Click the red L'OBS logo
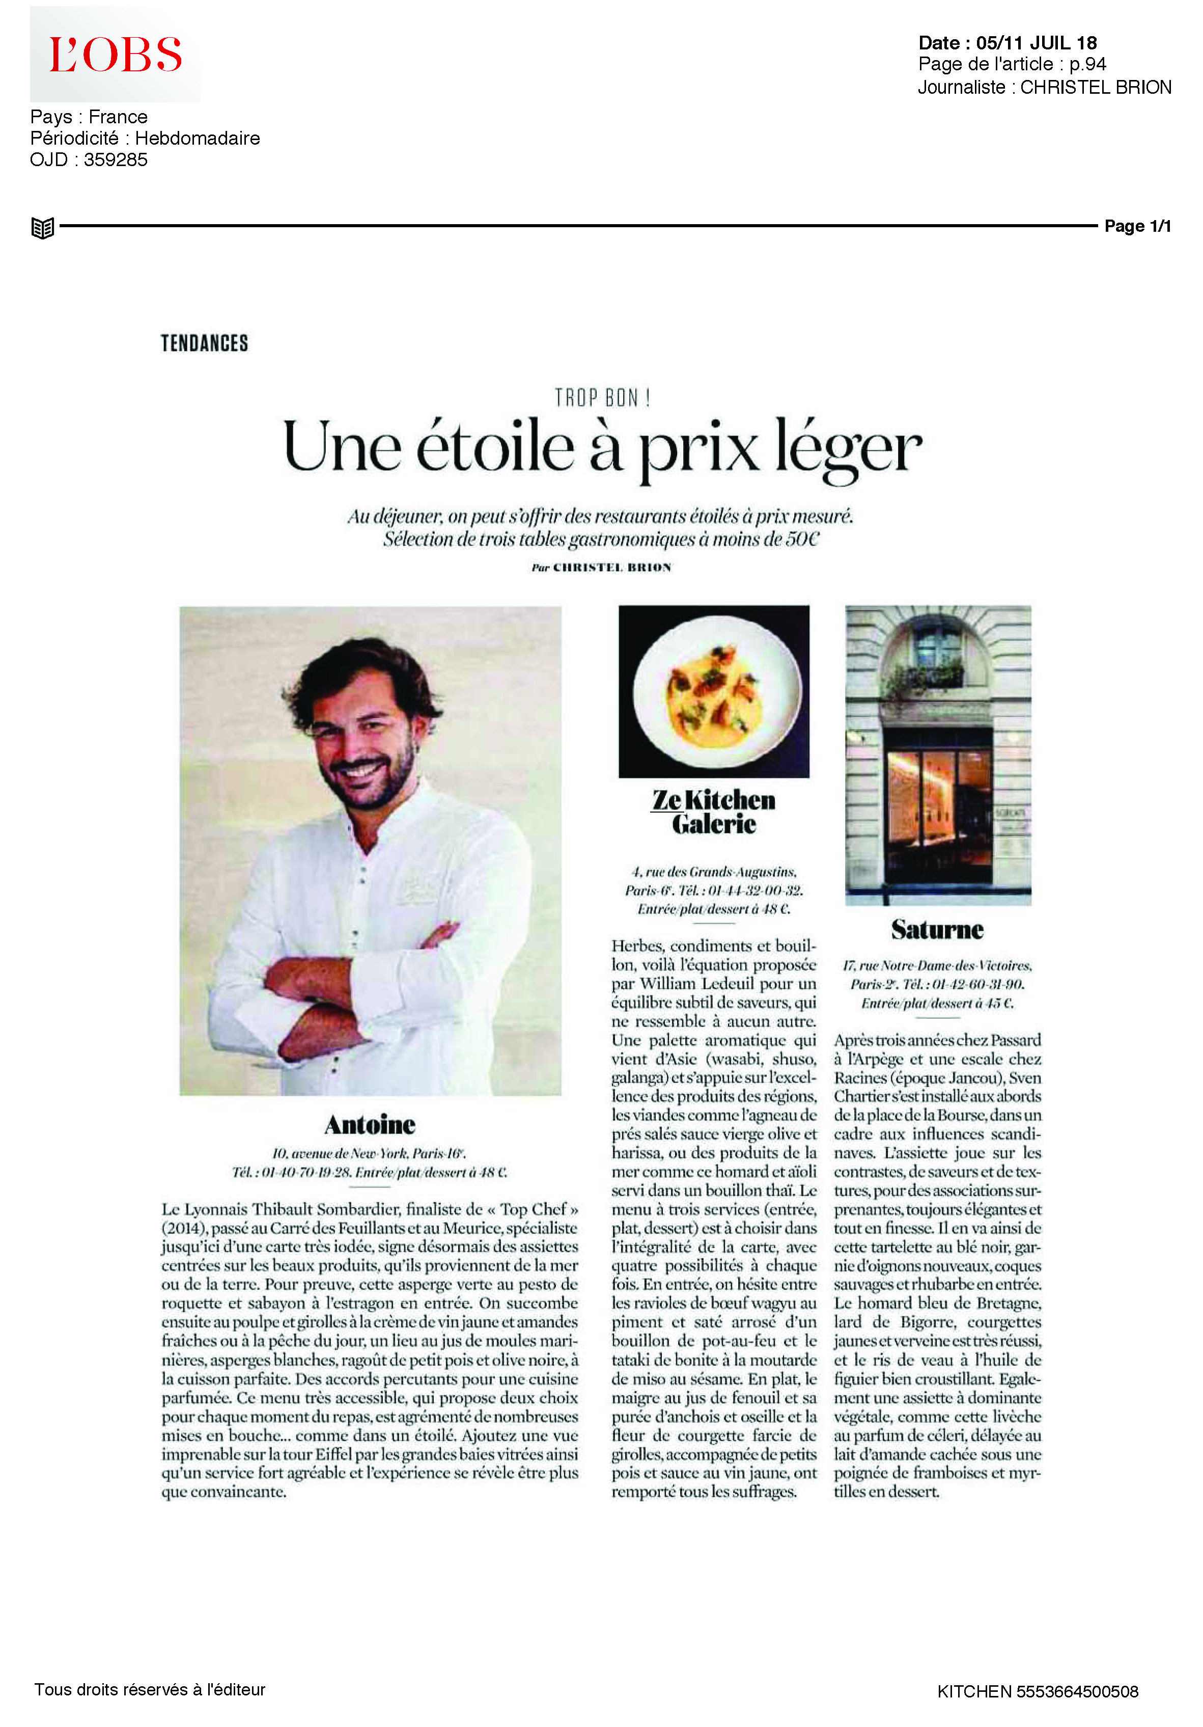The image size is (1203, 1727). point(115,55)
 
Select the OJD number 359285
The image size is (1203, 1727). point(116,159)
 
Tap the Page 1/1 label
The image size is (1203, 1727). point(1137,226)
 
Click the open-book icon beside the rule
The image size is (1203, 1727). point(43,227)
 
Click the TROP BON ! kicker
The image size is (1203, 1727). point(602,397)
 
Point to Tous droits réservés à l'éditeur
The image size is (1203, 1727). point(150,1689)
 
